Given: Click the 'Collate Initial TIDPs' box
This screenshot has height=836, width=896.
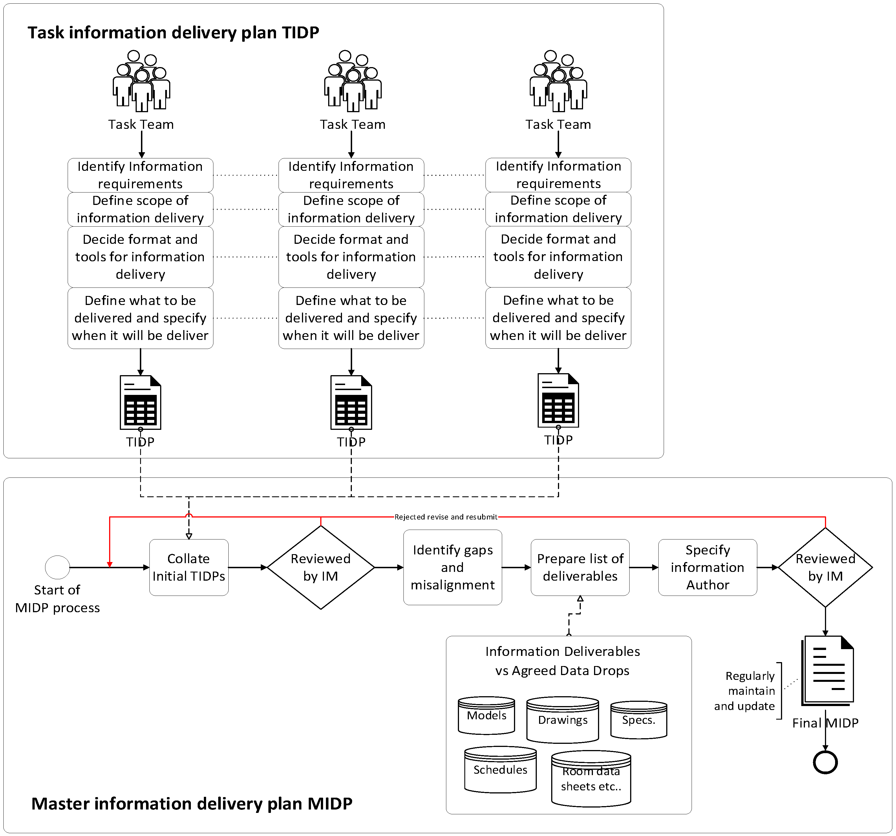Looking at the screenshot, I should click(189, 567).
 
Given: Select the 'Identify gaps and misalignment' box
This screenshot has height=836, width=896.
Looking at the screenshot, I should click(453, 567).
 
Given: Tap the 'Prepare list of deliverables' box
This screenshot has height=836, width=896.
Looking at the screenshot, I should click(580, 567).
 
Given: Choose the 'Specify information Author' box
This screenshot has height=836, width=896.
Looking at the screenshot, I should click(708, 567).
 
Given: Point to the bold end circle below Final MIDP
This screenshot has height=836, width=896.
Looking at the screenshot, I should click(825, 762).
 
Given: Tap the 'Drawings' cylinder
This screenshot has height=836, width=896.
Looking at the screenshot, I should click(562, 720).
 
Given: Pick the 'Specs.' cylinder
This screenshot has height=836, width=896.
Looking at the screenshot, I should click(639, 720).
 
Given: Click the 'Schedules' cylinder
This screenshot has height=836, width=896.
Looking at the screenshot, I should click(500, 770).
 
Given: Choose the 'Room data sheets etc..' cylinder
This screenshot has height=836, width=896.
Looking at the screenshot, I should click(591, 779).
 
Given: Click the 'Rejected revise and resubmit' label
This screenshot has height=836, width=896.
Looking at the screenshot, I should click(446, 517).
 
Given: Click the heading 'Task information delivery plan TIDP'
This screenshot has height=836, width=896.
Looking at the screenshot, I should click(173, 32).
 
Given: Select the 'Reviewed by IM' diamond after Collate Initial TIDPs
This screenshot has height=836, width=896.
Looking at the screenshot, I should click(321, 567).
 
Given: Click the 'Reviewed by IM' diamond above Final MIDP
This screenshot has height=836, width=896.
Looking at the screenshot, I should click(825, 567).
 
